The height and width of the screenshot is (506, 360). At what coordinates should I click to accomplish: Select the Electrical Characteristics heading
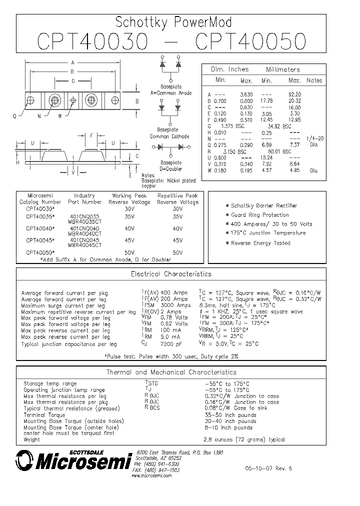coord(171,274)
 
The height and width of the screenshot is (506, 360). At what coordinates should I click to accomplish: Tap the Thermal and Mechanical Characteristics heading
coord(171,372)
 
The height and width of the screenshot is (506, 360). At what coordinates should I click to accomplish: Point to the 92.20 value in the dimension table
coord(294,94)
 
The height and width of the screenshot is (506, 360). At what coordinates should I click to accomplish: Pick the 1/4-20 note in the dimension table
coord(314,138)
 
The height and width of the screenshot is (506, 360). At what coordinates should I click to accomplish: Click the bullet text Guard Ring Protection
coord(260,215)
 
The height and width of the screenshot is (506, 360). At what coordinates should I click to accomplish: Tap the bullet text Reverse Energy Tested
coord(260,243)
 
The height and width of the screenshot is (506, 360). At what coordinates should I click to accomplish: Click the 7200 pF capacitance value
coord(171,343)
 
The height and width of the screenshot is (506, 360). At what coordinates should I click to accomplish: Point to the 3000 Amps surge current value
coord(175,305)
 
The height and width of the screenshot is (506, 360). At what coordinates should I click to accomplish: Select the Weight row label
coord(32,439)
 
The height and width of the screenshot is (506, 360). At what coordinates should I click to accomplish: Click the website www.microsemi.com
coord(151,475)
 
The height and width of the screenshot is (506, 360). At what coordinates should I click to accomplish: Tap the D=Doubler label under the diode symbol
coord(171,168)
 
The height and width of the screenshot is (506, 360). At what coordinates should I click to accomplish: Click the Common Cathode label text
coord(170,136)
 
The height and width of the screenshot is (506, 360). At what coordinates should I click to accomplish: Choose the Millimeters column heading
coord(283,69)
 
